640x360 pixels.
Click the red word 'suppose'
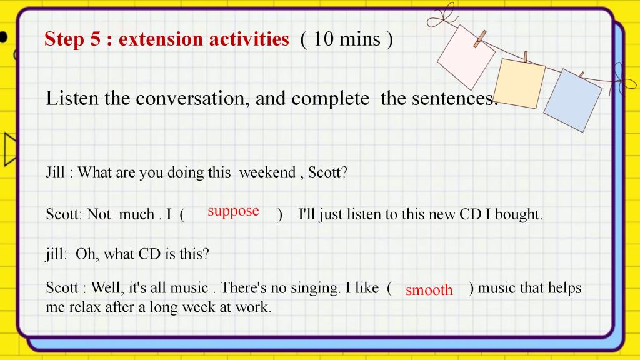(233, 211)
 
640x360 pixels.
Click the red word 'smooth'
(429, 290)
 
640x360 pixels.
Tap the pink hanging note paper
(466, 57)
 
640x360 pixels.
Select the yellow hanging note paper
(519, 83)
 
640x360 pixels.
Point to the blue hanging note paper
(572, 100)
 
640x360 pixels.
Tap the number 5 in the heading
(95, 39)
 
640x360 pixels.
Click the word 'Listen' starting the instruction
(72, 98)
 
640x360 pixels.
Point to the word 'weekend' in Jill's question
(267, 172)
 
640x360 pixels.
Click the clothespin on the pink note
(479, 39)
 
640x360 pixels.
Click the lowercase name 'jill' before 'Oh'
(56, 254)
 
